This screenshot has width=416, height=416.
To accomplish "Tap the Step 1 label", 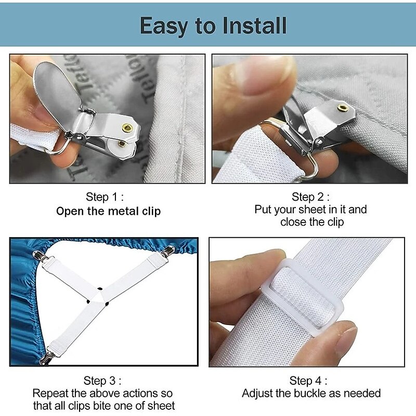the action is pyautogui.click(x=105, y=197).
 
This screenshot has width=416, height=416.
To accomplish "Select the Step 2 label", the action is pyautogui.click(x=310, y=197).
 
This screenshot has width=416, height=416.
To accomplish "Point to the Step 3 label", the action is pyautogui.click(x=102, y=381).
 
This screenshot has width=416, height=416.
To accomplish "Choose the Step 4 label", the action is pyautogui.click(x=308, y=381).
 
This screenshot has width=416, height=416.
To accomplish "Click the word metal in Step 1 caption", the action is pyautogui.click(x=123, y=211).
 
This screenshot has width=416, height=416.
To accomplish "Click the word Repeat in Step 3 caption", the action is pyautogui.click(x=50, y=394).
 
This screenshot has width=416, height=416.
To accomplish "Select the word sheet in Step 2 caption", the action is pyautogui.click(x=310, y=210).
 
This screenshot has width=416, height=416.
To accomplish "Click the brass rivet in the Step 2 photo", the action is pyautogui.click(x=343, y=108).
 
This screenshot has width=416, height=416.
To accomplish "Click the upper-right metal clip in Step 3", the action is pyautogui.click(x=167, y=251).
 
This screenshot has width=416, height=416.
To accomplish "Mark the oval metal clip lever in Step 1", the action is pyautogui.click(x=58, y=92).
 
